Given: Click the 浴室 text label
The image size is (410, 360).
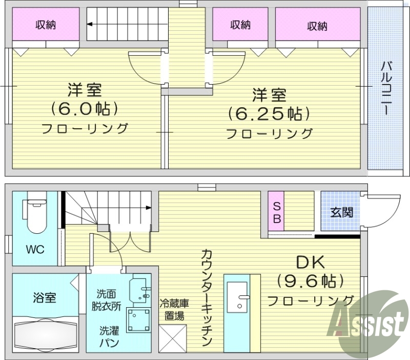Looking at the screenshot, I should tap(44, 297).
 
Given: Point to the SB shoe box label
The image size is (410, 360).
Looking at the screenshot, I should tap(276, 213).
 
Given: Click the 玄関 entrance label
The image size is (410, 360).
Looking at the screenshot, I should tap(341, 212).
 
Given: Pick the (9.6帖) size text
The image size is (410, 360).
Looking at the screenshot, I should tap(310, 282).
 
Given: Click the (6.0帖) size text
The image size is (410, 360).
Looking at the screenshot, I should tap(85, 109).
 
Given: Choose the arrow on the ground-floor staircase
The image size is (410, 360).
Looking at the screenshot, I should tap(148, 208).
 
